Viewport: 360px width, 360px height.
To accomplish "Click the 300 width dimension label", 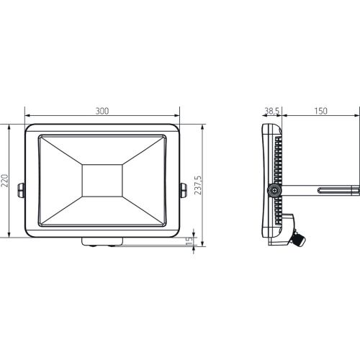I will click(x=102, y=111).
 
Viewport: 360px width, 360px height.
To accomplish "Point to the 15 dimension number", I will click(x=189, y=241).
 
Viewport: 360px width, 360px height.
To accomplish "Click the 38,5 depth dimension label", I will click(x=271, y=111).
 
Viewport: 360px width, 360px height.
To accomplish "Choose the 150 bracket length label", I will click(x=320, y=111).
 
